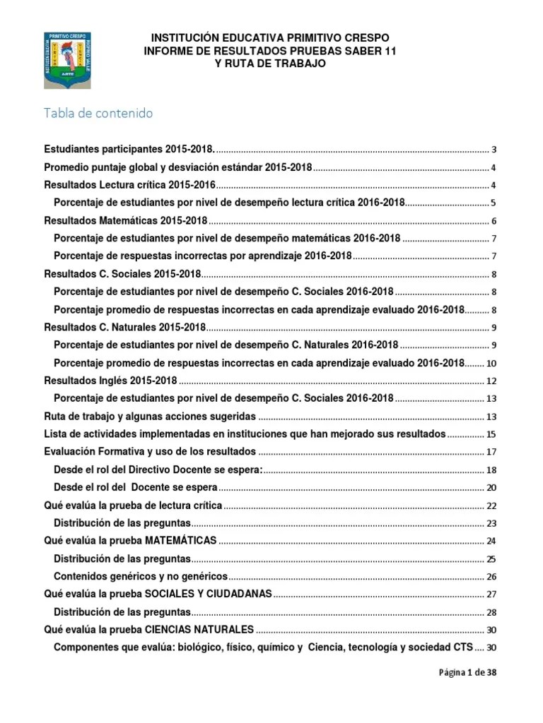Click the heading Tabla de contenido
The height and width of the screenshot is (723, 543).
98,113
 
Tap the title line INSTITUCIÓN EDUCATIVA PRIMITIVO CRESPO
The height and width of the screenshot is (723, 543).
266,37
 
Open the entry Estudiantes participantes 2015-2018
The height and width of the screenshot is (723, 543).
129,150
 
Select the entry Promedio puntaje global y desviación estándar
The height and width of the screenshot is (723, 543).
177,168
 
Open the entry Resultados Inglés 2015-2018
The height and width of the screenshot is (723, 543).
110,381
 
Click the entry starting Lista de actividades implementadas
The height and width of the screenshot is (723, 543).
245,434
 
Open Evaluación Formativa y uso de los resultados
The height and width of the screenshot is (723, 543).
150,452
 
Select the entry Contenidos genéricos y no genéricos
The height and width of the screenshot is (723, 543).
141,576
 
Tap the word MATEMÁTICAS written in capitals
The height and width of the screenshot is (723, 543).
180,541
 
